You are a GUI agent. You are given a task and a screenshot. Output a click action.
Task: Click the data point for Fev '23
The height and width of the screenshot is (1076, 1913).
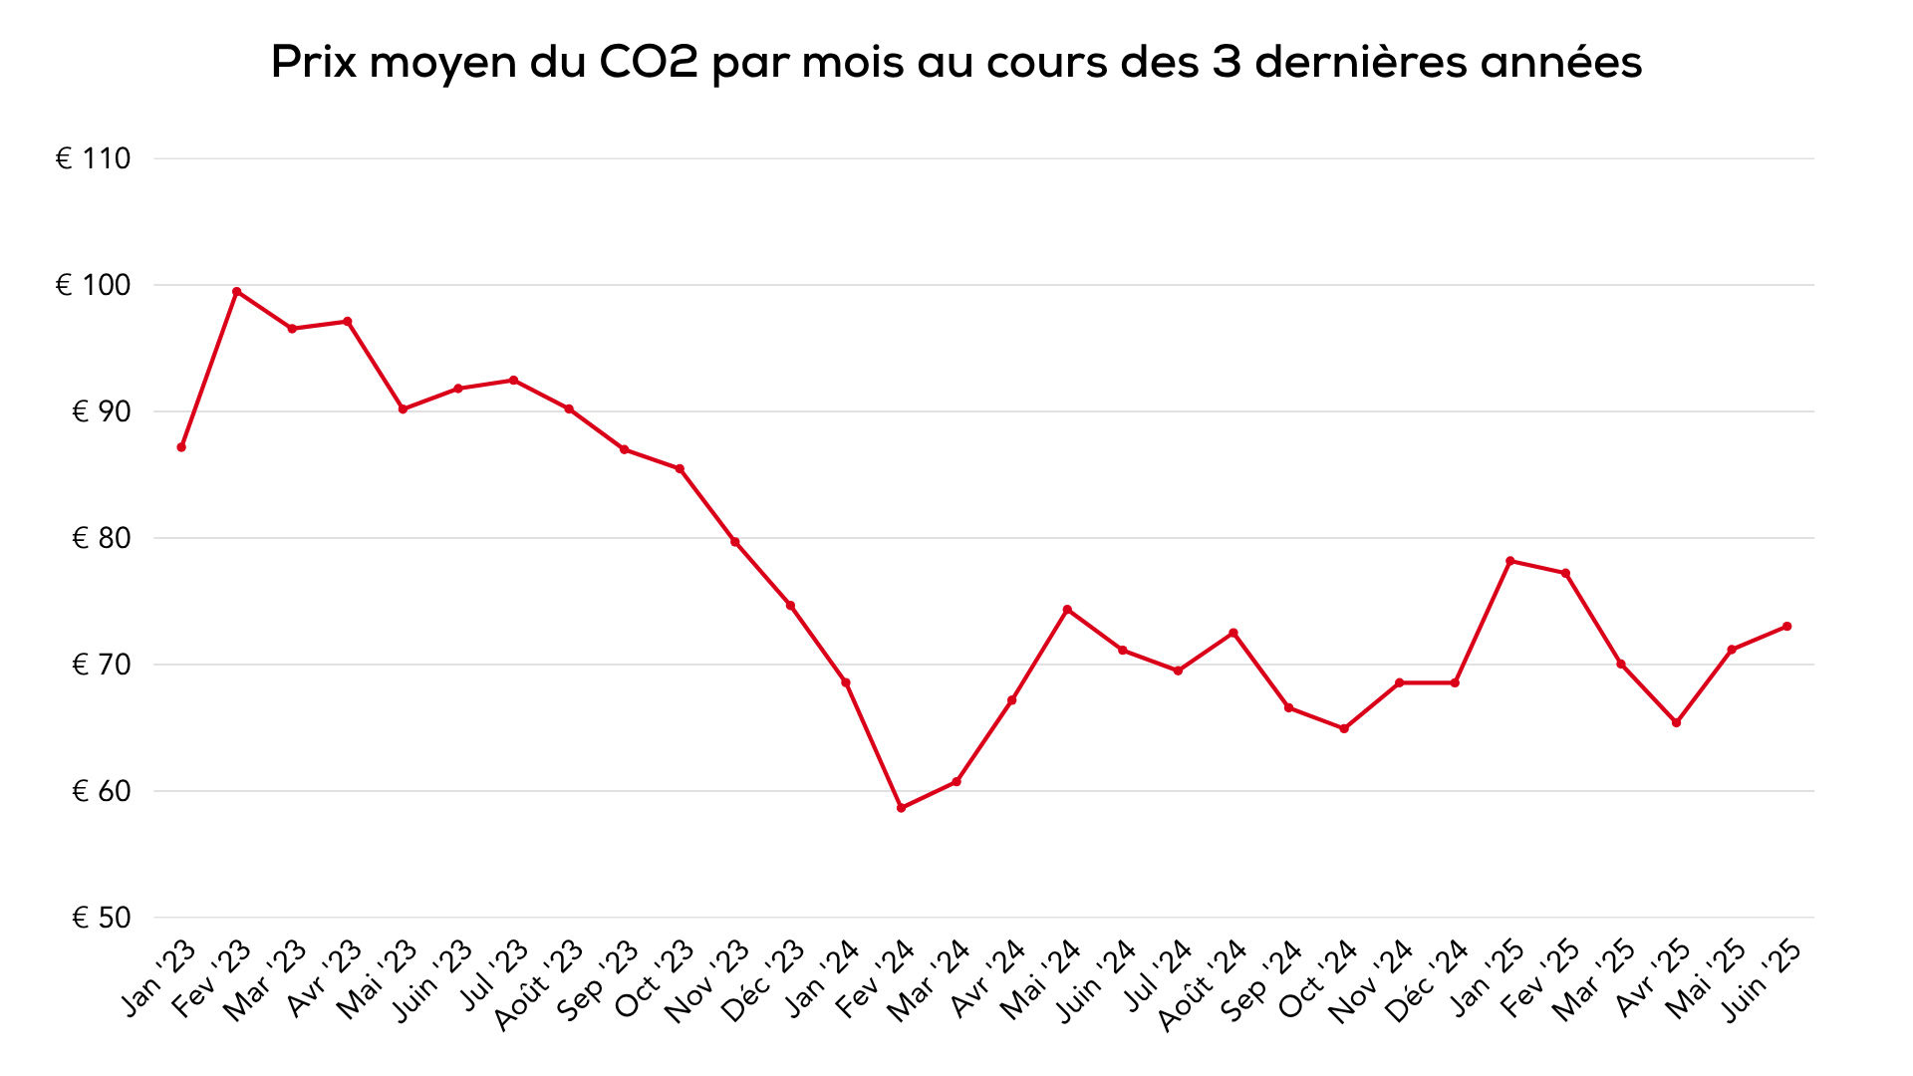236,292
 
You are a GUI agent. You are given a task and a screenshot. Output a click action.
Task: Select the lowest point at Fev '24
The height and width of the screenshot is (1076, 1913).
901,808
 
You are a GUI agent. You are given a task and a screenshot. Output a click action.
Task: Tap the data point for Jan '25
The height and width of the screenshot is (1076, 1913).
1510,561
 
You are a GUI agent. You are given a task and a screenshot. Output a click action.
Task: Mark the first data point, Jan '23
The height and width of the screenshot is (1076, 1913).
181,447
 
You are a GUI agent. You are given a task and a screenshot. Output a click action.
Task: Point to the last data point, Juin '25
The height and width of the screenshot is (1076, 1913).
1786,627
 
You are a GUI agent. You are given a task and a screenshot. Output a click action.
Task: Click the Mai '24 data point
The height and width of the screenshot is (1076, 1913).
1067,610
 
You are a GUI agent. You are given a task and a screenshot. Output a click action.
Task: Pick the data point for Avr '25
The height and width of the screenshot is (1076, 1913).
1676,722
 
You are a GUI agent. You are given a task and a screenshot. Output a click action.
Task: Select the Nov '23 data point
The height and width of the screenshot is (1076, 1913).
735,542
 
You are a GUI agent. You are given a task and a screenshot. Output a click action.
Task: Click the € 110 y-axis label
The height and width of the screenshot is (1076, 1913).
93,158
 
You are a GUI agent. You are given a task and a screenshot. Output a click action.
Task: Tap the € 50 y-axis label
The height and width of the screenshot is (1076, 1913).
101,918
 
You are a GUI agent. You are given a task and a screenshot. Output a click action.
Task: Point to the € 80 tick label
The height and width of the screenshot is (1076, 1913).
101,538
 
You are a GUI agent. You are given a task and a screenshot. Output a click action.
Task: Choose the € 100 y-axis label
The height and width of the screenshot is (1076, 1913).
93,285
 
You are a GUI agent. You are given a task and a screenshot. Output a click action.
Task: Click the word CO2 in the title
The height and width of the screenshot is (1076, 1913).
649,62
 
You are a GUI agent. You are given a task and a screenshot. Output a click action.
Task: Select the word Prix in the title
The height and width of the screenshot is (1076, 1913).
313,62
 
